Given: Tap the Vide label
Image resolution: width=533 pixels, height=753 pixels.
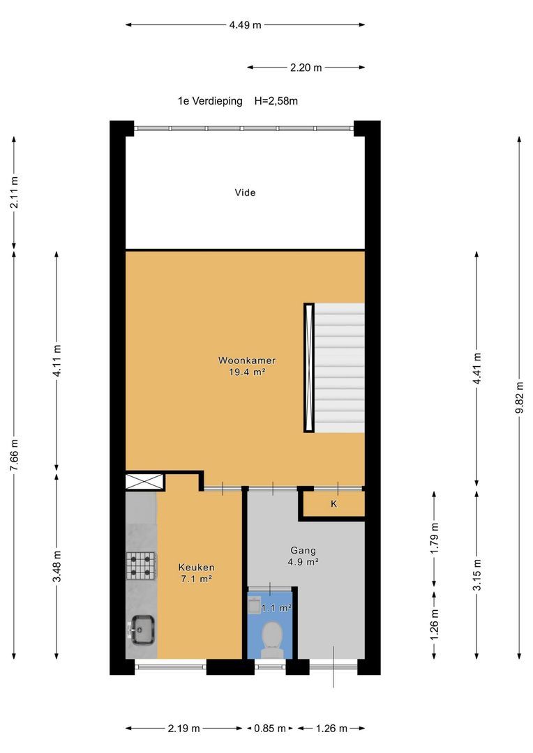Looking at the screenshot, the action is tap(245, 192).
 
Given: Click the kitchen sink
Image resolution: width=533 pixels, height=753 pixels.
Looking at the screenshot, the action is tap(142, 630).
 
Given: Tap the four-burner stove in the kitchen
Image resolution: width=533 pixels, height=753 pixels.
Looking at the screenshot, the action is tap(141, 565).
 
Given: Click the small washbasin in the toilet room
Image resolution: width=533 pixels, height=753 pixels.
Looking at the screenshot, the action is tap(254, 604).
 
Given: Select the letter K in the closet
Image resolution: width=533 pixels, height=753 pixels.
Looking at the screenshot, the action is tap(333, 504).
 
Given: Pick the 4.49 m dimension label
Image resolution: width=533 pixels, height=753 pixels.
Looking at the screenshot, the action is tap(245, 25).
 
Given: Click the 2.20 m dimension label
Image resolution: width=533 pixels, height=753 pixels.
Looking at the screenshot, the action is tap(306, 68).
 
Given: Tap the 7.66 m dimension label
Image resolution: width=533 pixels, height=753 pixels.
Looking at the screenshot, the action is tap(14, 455).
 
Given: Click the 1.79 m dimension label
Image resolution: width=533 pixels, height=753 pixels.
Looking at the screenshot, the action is tap(435, 538).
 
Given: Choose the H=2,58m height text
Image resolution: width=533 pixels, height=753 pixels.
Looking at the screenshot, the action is tap(276, 101).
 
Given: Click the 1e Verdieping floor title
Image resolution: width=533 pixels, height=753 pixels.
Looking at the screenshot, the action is tap(210, 101).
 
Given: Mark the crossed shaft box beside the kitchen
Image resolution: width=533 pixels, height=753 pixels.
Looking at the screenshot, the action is tap(144, 482).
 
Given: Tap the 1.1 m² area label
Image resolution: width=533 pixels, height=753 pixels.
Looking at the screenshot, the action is tap(277, 608).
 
